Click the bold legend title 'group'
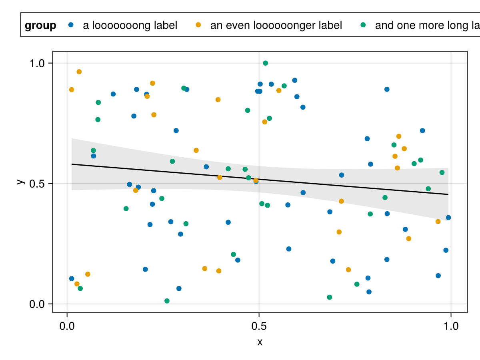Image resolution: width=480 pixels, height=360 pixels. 40,26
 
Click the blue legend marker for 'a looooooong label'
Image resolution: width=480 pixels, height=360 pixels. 71,25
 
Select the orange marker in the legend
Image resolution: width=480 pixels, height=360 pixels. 198,25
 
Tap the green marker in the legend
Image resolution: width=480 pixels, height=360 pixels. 363,25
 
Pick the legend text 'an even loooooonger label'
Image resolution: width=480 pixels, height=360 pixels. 276,26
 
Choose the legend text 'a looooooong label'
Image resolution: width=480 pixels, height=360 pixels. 130,26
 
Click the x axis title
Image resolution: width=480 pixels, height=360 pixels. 260,342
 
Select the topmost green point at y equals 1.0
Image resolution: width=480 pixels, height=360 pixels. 265,63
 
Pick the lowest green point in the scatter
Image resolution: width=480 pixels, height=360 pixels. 167,301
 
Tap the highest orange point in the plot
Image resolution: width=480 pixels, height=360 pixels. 79,72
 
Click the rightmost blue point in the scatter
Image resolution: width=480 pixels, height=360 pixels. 448,218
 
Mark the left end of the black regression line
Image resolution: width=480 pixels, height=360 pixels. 72,164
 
